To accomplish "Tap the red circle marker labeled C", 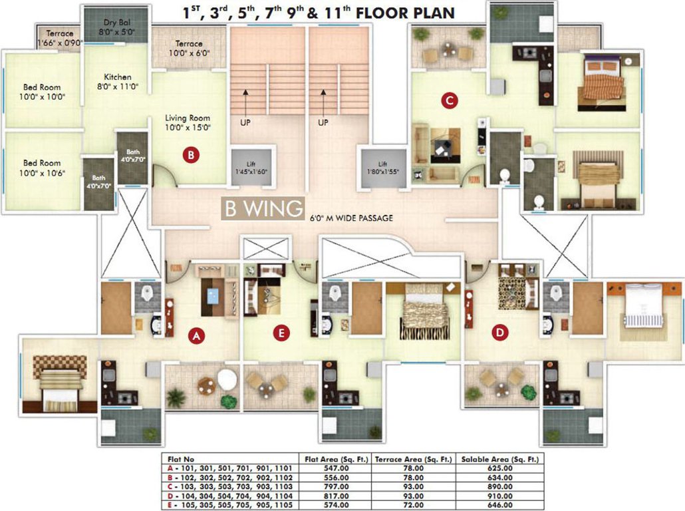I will (450, 101).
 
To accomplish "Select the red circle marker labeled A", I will (196, 337).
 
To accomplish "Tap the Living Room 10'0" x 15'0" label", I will (188, 122).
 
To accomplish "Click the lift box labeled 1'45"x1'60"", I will (251, 168).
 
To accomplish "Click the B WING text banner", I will (263, 209).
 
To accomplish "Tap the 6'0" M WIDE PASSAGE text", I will (352, 218).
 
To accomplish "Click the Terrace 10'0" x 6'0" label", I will (189, 47).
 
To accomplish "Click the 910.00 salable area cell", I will (499, 496).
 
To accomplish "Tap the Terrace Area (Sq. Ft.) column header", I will (413, 459).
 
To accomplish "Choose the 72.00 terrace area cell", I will (413, 506).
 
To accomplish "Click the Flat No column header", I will (182, 459).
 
